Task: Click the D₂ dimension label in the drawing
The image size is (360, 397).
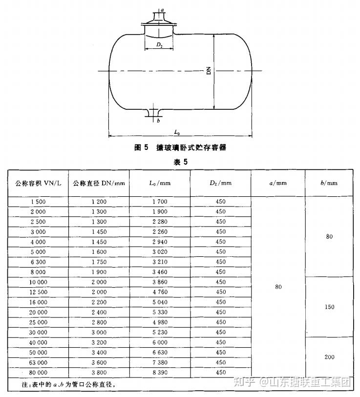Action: click(160, 45)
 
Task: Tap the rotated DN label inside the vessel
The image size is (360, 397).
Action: click(209, 71)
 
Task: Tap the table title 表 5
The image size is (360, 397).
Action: click(180, 162)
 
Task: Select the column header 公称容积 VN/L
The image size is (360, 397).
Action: click(38, 183)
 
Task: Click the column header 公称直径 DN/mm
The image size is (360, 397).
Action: click(99, 183)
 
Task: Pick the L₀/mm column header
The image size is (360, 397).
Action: click(160, 183)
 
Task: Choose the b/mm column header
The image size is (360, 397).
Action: click(329, 183)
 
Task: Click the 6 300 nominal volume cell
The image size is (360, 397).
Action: click(38, 262)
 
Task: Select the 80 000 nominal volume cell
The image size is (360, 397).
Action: click(38, 372)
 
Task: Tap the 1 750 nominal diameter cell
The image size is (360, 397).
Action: click(99, 262)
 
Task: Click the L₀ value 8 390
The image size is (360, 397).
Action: click(160, 372)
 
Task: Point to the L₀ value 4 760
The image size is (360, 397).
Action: click(160, 292)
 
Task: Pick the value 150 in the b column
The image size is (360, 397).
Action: click(329, 307)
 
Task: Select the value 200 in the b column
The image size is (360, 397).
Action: click(329, 357)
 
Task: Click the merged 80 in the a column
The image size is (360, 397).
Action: click(278, 287)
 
